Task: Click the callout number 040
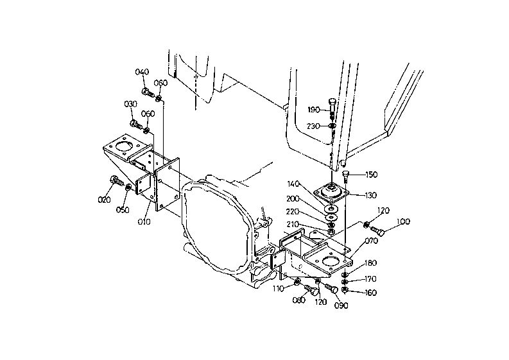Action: pyautogui.click(x=142, y=72)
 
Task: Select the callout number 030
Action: pyautogui.click(x=131, y=104)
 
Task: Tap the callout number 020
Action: pyautogui.click(x=104, y=200)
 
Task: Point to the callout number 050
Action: pyautogui.click(x=123, y=210)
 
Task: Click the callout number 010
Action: pyautogui.click(x=144, y=222)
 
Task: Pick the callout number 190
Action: pyautogui.click(x=314, y=110)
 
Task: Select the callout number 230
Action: pyautogui.click(x=313, y=126)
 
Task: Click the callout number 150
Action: pyautogui.click(x=372, y=175)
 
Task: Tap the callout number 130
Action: pyautogui.click(x=371, y=196)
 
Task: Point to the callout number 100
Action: pyautogui.click(x=404, y=222)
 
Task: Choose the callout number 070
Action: pyautogui.click(x=372, y=241)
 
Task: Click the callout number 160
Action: pyautogui.click(x=371, y=293)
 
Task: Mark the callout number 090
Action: pyautogui.click(x=341, y=305)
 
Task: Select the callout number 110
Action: pyautogui.click(x=278, y=289)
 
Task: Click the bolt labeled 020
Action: pyautogui.click(x=117, y=180)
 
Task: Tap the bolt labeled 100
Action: pyautogui.click(x=377, y=231)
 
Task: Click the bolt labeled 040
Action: pyautogui.click(x=148, y=93)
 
